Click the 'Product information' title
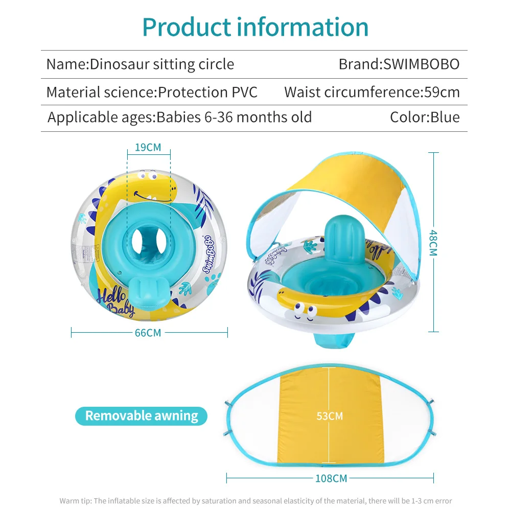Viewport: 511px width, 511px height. (255, 27)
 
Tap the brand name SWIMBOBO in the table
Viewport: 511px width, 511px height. (399, 64)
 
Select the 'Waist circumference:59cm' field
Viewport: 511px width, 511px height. (372, 92)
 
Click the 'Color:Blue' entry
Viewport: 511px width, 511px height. (425, 117)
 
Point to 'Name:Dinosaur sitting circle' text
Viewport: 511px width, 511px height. (140, 64)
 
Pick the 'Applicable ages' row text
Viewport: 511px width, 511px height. (179, 117)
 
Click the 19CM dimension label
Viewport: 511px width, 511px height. (148, 148)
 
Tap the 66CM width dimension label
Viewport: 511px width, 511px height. (148, 333)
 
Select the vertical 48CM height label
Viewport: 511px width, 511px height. (433, 242)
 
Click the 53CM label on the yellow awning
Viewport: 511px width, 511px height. (330, 416)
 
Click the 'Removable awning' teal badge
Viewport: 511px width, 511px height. (142, 416)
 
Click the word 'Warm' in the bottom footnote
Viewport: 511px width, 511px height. (69, 501)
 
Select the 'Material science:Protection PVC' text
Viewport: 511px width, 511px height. (152, 92)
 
